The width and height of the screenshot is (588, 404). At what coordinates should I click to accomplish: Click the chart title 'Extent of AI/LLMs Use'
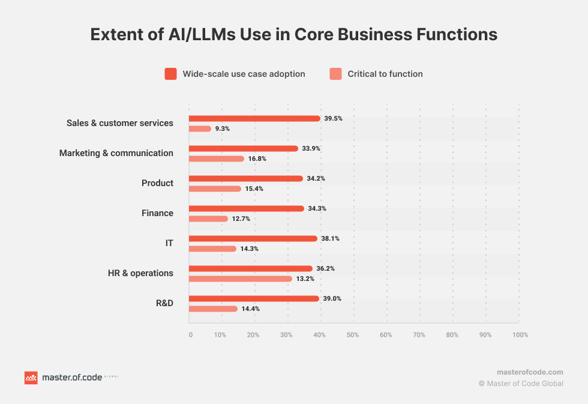293,35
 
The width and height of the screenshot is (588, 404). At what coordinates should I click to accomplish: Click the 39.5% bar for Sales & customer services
254,118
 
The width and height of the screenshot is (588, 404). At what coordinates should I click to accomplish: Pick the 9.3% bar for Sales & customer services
200,128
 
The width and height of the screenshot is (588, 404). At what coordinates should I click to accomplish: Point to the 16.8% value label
257,158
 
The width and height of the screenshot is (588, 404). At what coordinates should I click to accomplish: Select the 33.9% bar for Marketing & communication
243,148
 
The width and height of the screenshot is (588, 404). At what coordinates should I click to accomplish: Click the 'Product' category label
157,183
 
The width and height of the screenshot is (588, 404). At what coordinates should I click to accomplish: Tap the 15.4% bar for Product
215,188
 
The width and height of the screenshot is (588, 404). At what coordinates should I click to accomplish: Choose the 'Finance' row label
157,213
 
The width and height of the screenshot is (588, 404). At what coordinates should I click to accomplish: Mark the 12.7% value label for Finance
241,219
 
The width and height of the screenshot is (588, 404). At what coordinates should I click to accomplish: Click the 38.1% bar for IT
253,238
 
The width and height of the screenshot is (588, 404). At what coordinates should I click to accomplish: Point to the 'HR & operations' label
140,273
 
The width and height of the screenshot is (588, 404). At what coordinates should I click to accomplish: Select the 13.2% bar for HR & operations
240,279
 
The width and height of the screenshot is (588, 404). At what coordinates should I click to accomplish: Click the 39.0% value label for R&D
332,298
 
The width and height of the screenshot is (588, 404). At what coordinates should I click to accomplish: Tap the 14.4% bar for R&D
213,309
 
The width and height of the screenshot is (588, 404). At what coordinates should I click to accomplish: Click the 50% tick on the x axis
353,335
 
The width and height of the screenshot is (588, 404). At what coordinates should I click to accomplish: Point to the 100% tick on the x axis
520,335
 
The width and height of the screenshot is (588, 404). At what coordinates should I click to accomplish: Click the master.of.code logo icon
31,378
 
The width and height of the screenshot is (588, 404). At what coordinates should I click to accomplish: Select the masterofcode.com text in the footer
530,372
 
